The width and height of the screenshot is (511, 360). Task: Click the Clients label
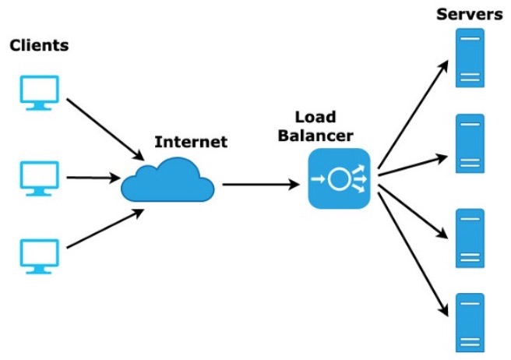click(x=39, y=45)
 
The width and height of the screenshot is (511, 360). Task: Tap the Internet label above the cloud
click(x=191, y=142)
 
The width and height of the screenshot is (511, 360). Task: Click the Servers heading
click(x=469, y=14)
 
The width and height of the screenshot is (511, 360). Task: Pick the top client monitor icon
click(x=39, y=91)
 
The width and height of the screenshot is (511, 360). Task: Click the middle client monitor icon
click(x=39, y=176)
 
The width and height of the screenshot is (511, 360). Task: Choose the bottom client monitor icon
click(x=39, y=255)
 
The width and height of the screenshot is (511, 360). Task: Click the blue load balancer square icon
click(x=337, y=179)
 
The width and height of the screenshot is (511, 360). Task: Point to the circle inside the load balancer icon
click(x=338, y=179)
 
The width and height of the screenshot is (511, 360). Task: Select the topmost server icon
click(x=470, y=58)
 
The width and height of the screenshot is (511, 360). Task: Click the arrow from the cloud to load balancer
click(x=260, y=185)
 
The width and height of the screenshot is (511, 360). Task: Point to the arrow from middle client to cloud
click(x=93, y=178)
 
